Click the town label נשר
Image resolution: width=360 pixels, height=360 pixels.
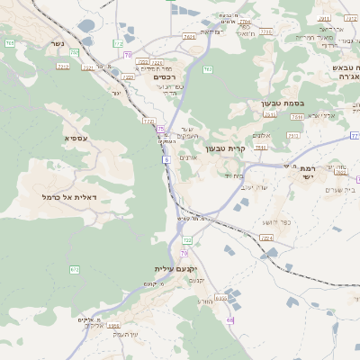tap(58, 43)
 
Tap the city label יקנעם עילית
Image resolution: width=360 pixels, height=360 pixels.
tap(175, 269)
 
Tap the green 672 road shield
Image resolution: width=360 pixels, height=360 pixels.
tap(74, 269)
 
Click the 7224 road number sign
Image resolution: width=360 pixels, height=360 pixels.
tap(265, 238)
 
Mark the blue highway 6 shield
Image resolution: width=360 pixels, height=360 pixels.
tap(166, 159)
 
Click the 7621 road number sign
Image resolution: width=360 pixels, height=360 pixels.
tap(189, 37)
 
